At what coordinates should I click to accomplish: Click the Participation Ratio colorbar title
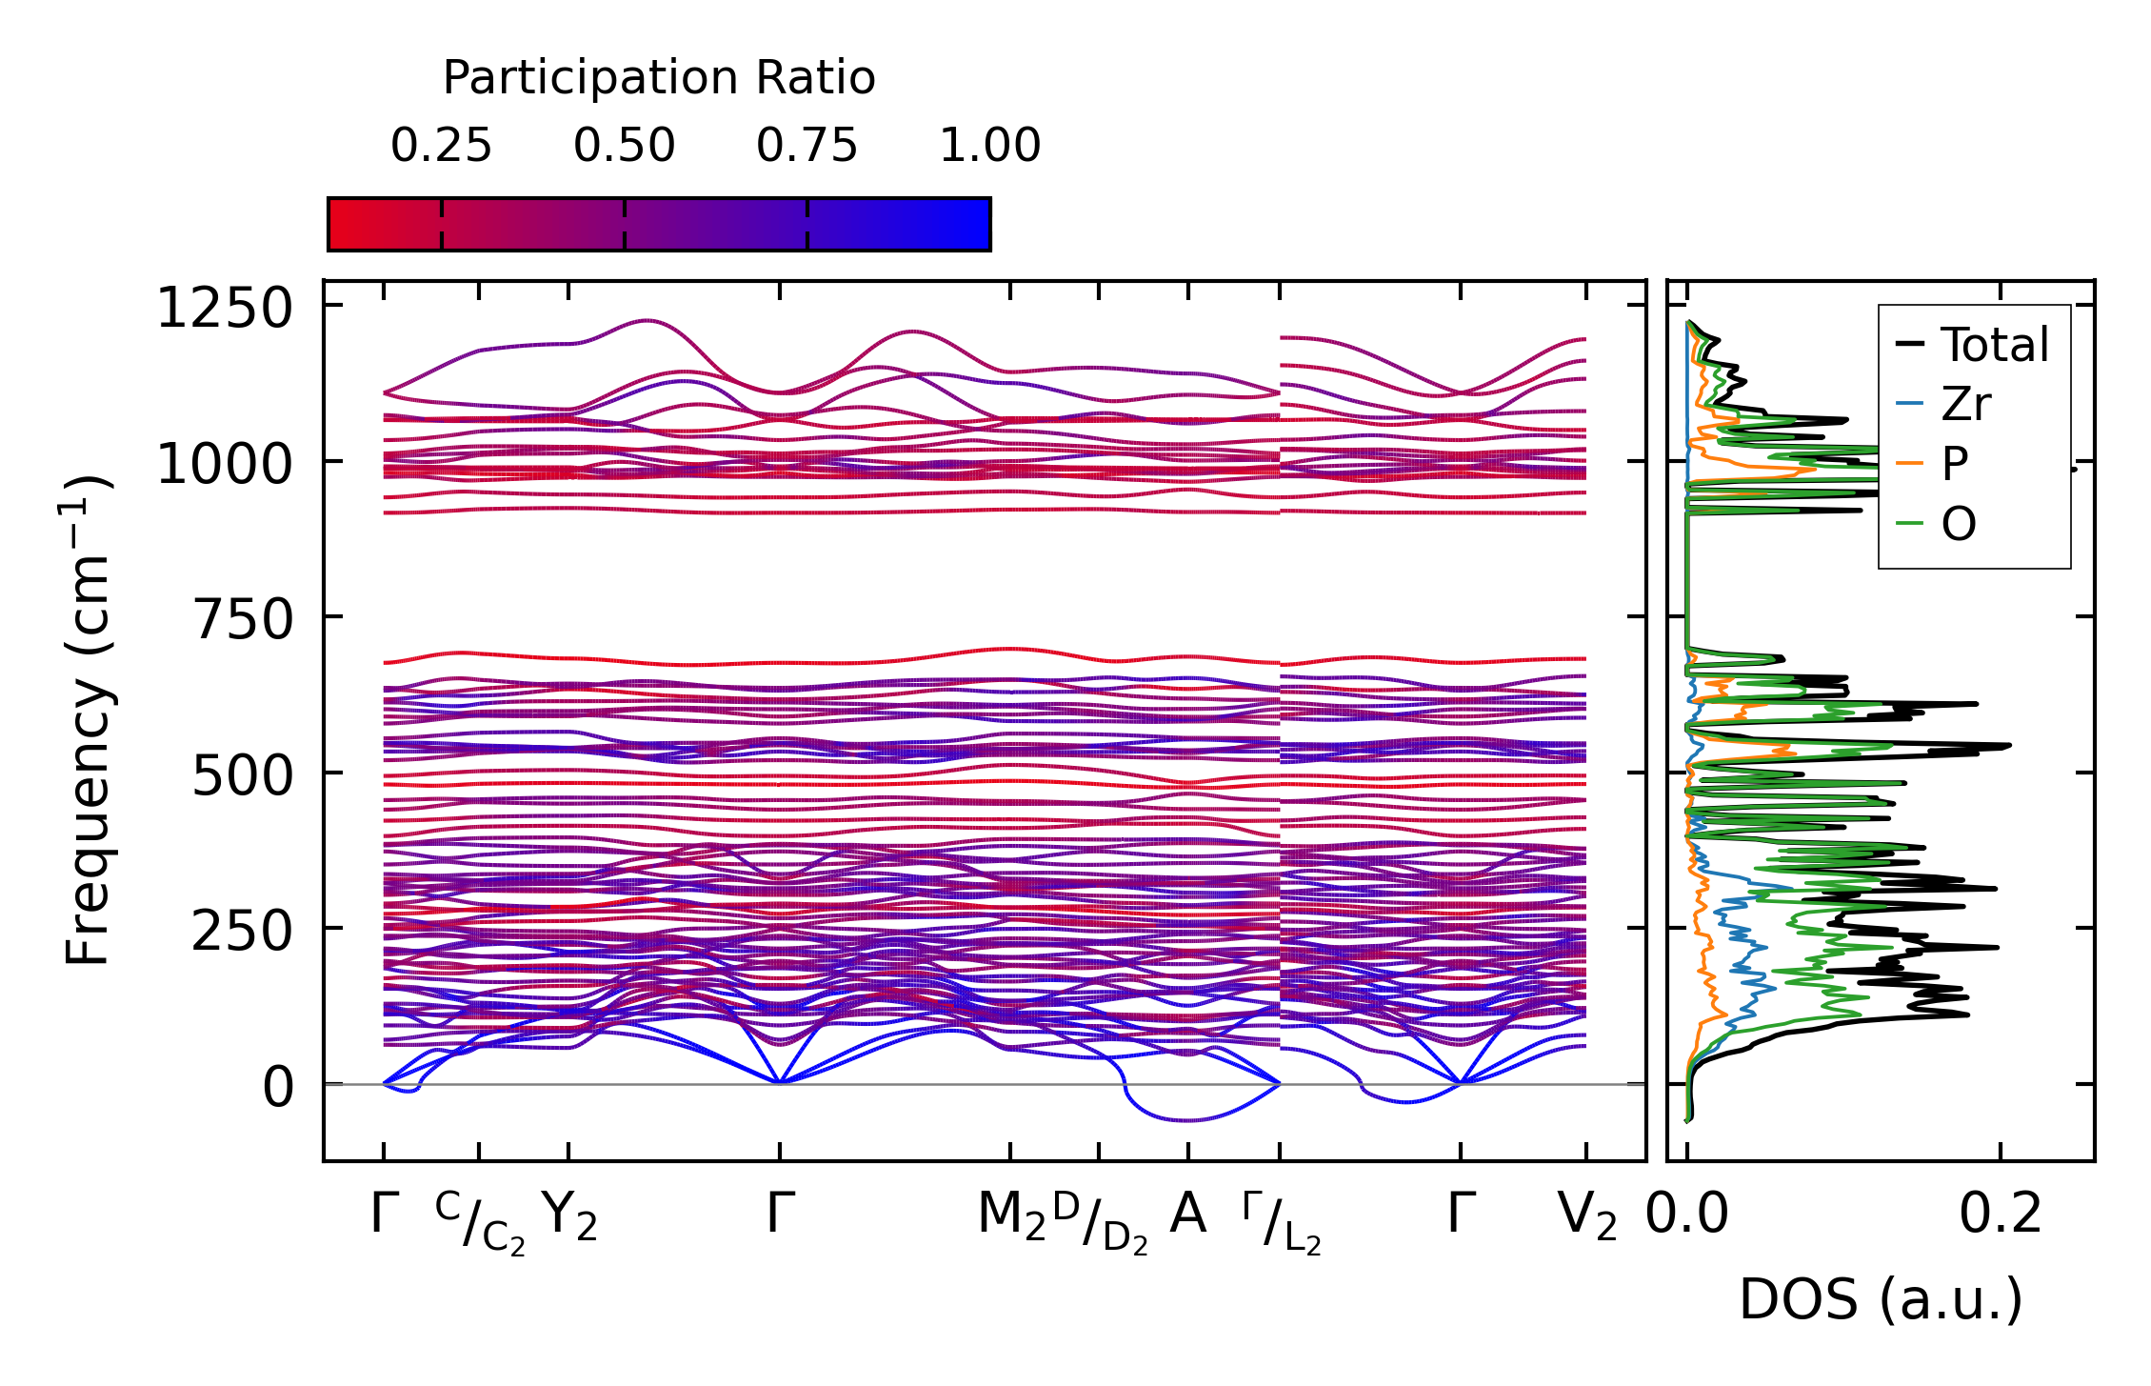click(659, 78)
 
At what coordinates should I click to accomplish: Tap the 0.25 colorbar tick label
click(441, 146)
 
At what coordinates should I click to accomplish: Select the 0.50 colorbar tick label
click(624, 146)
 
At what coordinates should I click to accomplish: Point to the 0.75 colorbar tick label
click(807, 146)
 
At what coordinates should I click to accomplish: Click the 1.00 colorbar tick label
click(990, 146)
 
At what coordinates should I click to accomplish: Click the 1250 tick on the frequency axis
click(225, 309)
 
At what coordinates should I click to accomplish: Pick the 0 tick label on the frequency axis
click(278, 1087)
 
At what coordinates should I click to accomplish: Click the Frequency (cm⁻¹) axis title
click(88, 720)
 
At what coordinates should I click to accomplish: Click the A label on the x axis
click(1187, 1215)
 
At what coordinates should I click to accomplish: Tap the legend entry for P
click(1955, 464)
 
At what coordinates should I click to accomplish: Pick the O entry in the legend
click(1959, 524)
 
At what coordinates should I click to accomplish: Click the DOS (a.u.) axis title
click(1881, 1299)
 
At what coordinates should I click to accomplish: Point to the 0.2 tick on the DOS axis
click(2001, 1215)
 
